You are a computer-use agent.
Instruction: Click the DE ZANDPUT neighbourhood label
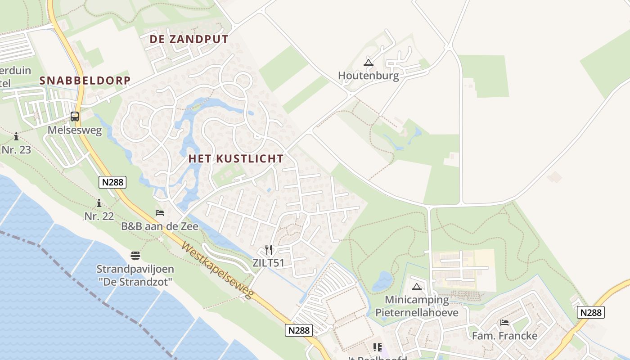[x=189, y=39]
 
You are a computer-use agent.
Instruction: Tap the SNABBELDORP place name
[x=85, y=81]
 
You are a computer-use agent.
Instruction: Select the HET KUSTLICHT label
[x=236, y=158]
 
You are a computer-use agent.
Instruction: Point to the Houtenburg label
[x=369, y=75]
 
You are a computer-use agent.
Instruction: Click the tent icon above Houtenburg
[x=369, y=63]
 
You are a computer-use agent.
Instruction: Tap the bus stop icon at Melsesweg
[x=75, y=117]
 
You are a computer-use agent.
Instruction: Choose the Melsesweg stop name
[x=75, y=130]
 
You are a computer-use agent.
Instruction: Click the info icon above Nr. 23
[x=16, y=136]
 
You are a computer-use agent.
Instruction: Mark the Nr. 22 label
[x=99, y=216]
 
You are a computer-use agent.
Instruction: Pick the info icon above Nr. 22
[x=99, y=203]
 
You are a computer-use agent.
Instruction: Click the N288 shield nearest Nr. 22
[x=112, y=182]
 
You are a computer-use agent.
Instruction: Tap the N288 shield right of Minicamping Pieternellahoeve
[x=590, y=312]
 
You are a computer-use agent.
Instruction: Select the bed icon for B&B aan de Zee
[x=160, y=213]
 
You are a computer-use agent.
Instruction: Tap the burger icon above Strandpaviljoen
[x=135, y=256]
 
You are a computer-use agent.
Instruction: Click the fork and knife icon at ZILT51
[x=269, y=250]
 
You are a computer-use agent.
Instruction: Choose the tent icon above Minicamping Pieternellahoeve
[x=417, y=287]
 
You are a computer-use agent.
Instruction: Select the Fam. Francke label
[x=504, y=336]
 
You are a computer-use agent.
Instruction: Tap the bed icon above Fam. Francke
[x=504, y=323]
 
